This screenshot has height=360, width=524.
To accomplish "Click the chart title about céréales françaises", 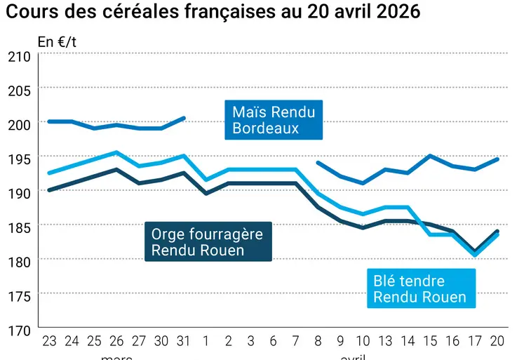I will pos(213,13).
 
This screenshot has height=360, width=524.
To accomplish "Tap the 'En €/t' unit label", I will pos(57,42).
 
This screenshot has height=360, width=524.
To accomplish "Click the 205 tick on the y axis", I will pos(19,89).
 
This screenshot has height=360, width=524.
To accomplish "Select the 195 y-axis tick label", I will pos(19,157).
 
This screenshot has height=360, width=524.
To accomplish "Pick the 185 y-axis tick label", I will pos(19,226).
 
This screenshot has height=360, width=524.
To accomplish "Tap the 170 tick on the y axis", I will pos(19,328).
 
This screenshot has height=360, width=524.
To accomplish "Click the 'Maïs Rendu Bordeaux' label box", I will pos(274,120).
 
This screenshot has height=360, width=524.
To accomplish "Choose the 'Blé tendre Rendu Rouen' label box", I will pos(419,288).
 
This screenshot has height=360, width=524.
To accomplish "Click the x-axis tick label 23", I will pos(49,342).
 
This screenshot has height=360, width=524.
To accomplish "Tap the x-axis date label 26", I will pos(116,342).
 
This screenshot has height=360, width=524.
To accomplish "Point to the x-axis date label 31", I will pos(184,342).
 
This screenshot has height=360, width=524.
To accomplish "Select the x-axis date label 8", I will pos(318,342).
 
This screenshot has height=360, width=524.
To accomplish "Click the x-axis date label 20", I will pos(497,342).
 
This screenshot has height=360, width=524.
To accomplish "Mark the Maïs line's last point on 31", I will pos(184,118).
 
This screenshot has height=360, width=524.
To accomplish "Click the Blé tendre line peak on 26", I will pos(116,152).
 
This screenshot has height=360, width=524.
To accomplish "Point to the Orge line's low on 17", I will pos(476,251).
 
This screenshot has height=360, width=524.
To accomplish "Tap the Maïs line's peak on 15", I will pos(431,156).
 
